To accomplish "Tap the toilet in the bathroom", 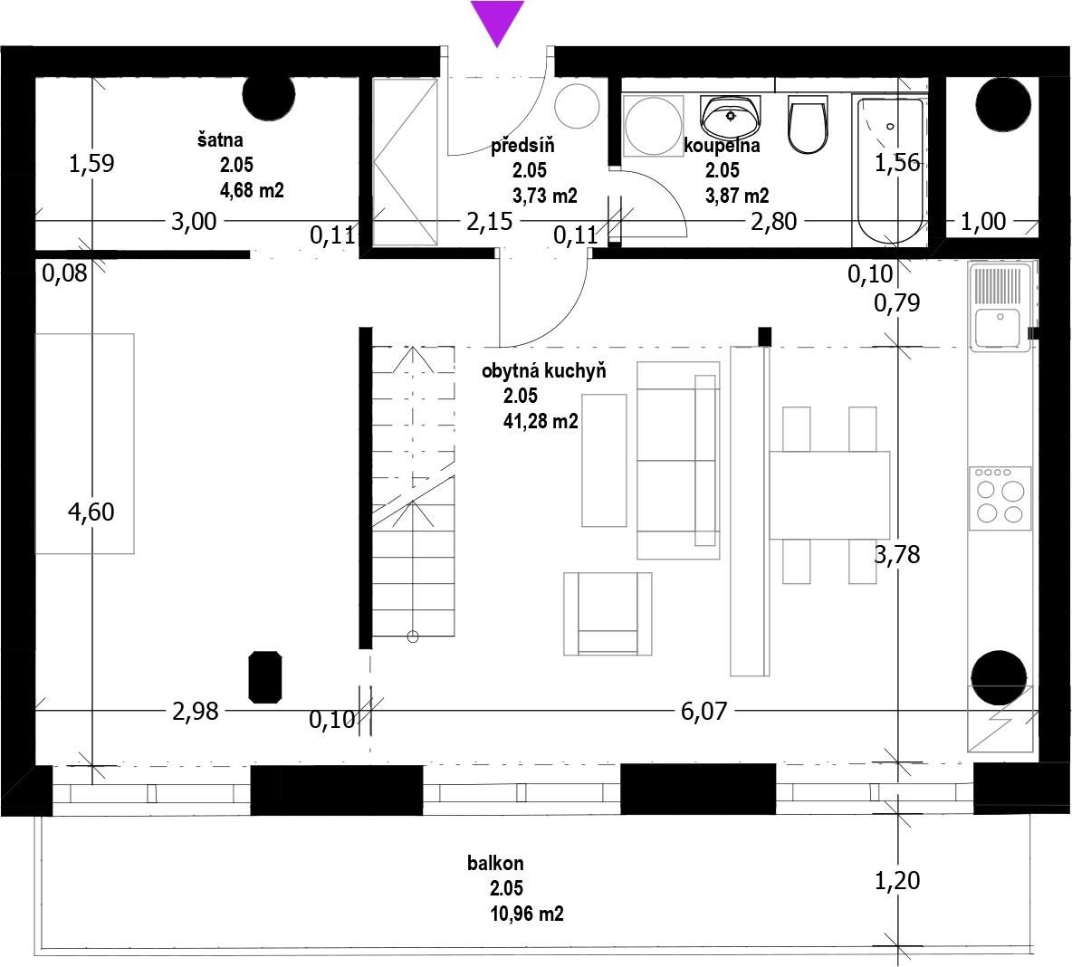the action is [808, 124].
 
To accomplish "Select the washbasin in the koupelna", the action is [730, 116].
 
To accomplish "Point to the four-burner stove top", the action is [1000, 497].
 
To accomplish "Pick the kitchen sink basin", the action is [999, 328].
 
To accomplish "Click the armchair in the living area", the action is [608, 614].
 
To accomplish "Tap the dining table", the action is [829, 494].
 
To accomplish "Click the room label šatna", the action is [220, 140].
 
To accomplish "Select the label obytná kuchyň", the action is [543, 371].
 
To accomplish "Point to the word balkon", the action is [495, 863].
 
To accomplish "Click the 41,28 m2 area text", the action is [541, 421].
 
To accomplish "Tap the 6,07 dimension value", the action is [703, 712].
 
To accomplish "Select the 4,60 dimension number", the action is [91, 512].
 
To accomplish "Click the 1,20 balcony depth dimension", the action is [897, 880].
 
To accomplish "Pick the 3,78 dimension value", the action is [897, 554].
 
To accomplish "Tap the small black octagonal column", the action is [265, 677].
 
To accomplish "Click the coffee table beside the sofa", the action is [604, 460].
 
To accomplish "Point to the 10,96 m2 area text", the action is [526, 914].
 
